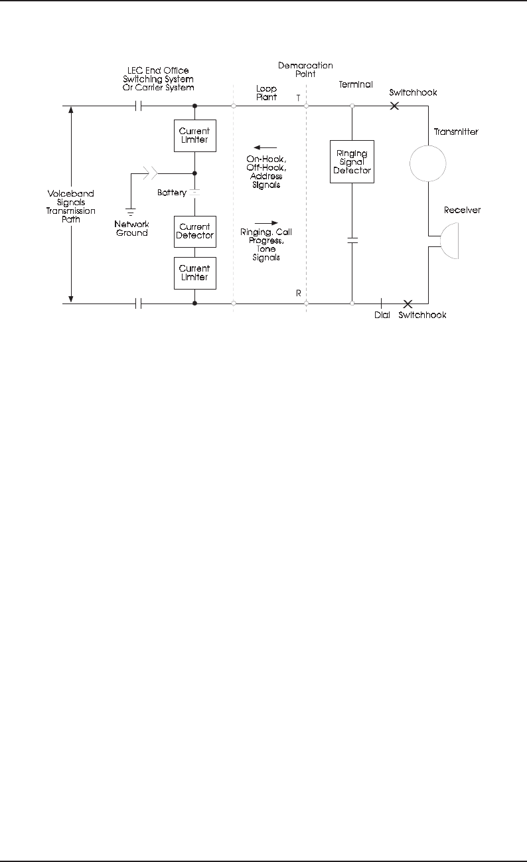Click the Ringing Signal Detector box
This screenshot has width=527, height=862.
352,162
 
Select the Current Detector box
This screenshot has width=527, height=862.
194,231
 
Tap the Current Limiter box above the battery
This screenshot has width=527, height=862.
194,135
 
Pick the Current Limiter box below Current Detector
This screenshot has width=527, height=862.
194,273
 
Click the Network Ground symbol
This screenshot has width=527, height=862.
131,211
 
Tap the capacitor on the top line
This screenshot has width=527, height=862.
139,106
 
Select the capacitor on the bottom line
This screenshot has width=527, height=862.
139,303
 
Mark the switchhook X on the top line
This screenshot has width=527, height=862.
394,106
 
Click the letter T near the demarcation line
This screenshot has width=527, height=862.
298,97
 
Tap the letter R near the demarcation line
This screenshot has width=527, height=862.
298,293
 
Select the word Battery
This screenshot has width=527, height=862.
171,193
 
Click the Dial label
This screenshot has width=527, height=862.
382,315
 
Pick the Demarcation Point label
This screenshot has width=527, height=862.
306,70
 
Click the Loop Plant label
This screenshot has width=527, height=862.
266,92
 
